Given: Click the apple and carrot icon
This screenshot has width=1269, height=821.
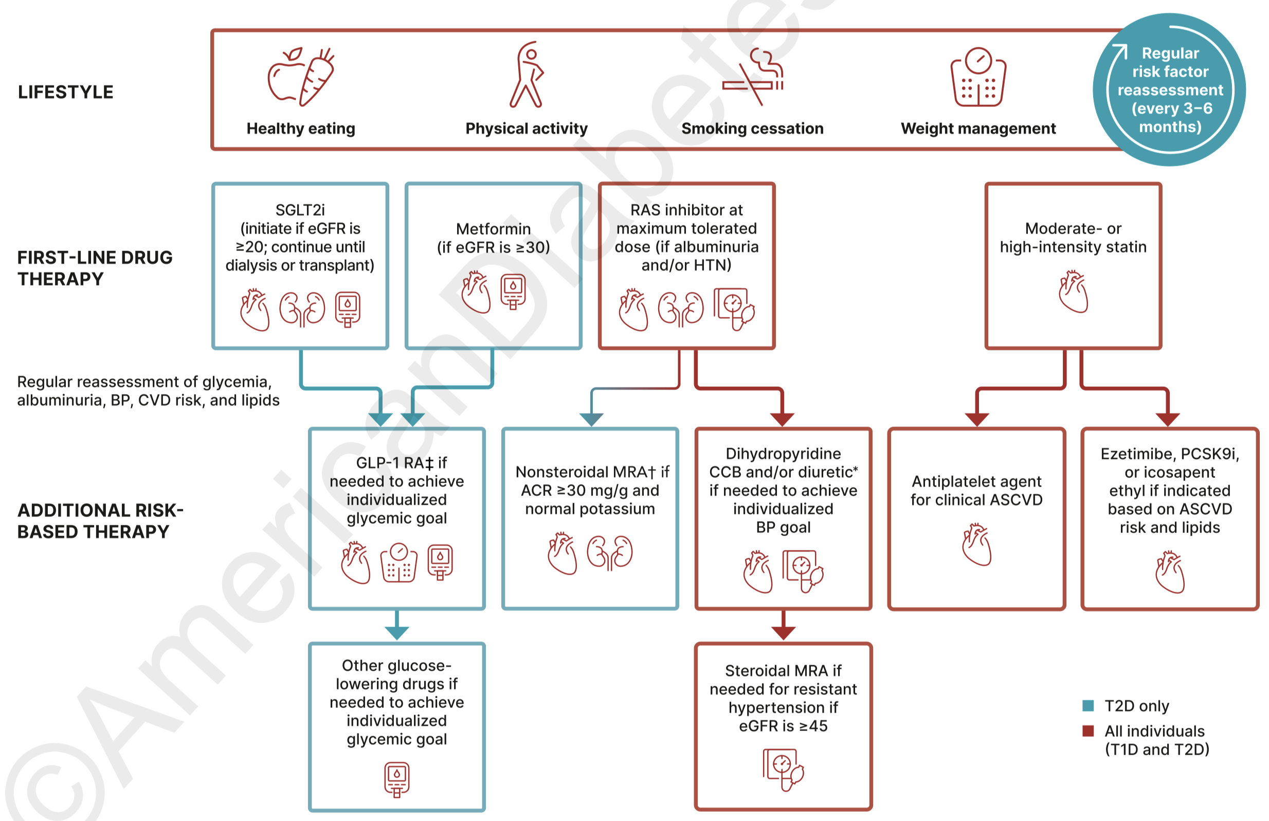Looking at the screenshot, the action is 301,77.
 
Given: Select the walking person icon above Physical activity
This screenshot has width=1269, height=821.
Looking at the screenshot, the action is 527,75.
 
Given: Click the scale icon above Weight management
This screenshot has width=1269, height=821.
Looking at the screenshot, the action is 978,77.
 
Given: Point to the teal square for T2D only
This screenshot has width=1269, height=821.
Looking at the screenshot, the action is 1088,706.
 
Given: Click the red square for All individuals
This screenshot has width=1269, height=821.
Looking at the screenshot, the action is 1088,730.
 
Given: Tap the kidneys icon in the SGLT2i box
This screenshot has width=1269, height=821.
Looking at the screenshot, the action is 302,309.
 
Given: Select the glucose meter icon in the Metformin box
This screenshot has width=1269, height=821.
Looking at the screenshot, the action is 513,292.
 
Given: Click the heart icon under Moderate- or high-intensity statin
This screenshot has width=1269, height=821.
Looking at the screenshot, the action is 1073,291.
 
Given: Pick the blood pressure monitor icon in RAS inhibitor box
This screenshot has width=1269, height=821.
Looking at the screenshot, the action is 734,309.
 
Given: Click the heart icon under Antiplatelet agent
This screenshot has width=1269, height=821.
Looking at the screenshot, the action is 976,544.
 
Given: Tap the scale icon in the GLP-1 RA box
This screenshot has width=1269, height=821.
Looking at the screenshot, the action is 398,563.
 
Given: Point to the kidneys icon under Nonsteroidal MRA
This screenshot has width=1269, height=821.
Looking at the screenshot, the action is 609,553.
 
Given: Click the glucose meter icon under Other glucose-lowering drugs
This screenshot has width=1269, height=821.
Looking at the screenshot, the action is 396,780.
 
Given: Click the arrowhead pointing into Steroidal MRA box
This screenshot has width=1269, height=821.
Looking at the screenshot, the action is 783,633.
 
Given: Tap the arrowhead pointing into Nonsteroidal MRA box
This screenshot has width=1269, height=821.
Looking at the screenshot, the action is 591,420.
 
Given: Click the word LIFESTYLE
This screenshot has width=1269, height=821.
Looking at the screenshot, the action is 65,92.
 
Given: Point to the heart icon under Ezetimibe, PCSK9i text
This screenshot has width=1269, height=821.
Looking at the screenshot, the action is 1169,572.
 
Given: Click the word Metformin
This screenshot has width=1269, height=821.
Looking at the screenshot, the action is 493,229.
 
